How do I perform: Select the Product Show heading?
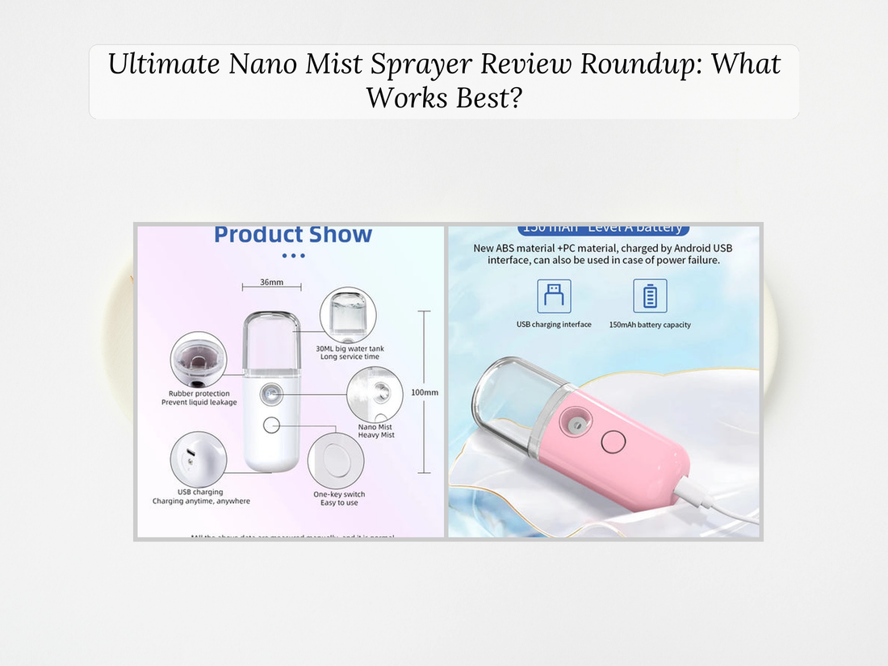click(x=293, y=235)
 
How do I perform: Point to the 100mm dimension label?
click(x=425, y=392)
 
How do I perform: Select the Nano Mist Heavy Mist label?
click(x=376, y=431)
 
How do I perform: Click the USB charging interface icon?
click(x=554, y=296)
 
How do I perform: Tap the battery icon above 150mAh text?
click(x=650, y=296)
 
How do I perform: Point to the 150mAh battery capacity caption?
click(x=650, y=325)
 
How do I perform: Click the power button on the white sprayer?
click(x=271, y=425)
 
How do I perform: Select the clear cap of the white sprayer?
click(x=271, y=343)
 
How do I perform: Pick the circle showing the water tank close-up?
click(x=348, y=316)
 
